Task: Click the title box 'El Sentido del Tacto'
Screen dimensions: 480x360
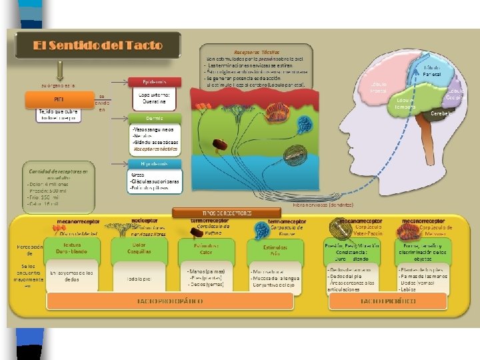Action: tap(98, 46)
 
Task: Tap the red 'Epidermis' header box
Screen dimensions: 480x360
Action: tap(154, 81)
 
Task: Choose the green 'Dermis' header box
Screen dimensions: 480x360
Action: tap(154, 118)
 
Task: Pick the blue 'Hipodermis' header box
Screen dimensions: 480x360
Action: tap(154, 163)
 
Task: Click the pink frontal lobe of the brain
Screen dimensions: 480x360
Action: tap(383, 87)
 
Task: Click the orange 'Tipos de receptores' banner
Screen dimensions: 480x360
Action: tap(214, 213)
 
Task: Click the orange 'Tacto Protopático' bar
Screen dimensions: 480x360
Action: tap(170, 301)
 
